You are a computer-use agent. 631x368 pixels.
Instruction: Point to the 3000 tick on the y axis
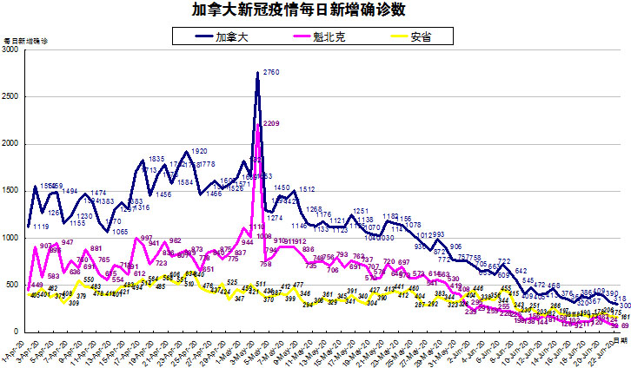(x=11, y=51)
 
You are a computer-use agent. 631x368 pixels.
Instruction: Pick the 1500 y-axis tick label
(x=11, y=191)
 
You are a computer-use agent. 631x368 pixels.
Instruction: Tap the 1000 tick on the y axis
(x=11, y=238)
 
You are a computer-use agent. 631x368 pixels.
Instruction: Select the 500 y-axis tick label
(x=14, y=285)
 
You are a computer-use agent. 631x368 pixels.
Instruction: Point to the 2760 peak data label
(x=270, y=72)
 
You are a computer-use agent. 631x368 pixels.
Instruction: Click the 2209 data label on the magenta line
(x=270, y=124)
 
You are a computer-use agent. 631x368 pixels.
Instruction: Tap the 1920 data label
(x=198, y=151)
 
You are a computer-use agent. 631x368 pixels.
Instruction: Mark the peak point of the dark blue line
(x=258, y=74)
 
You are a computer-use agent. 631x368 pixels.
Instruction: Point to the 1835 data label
(x=156, y=159)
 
